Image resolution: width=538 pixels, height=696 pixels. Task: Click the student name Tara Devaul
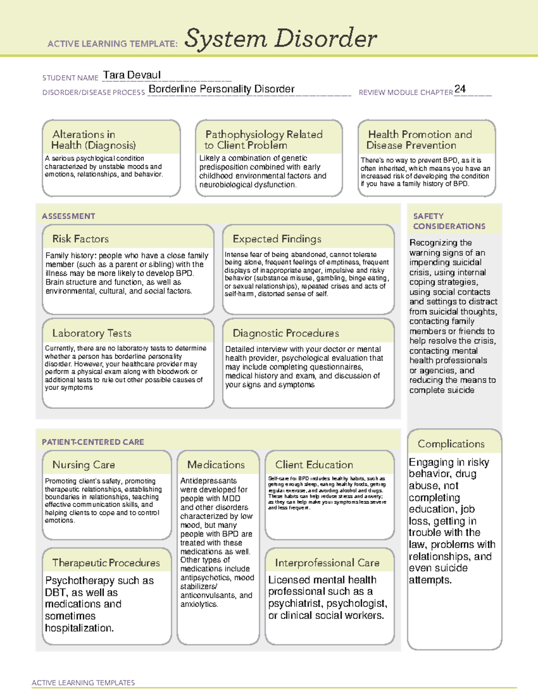point(131,75)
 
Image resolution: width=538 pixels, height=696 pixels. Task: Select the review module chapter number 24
point(460,89)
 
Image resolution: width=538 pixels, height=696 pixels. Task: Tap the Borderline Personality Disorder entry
point(221,89)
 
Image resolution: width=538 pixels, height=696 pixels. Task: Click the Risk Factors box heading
point(81,239)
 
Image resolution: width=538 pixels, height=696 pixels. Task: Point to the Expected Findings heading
point(277,239)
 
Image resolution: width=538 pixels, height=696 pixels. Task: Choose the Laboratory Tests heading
point(92,333)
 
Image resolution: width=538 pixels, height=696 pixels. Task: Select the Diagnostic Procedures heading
point(286,333)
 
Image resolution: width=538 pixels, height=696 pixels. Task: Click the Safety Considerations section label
point(449,221)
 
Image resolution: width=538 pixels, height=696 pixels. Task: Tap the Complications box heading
point(451,444)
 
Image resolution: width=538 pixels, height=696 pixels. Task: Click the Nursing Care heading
point(84,465)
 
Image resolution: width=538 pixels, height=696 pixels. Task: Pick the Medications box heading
point(216,465)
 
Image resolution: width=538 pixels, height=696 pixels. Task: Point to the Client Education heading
point(314,465)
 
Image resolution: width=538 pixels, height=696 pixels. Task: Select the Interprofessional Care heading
point(327,563)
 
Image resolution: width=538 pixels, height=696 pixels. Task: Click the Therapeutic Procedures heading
point(106,563)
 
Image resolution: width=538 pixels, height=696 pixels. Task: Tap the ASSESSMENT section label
point(69,216)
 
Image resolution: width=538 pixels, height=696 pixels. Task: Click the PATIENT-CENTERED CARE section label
point(93,442)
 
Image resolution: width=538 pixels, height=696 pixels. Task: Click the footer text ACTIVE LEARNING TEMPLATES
point(83,683)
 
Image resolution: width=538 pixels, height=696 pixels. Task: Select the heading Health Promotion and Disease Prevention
point(420,140)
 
